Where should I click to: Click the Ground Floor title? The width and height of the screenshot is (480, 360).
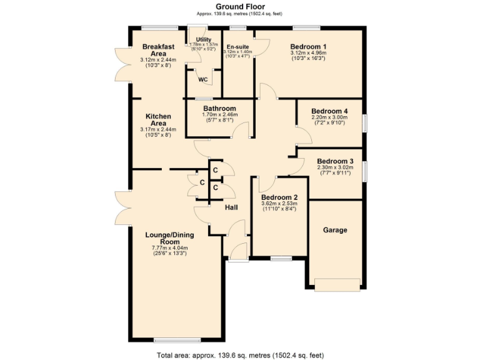[x=239, y=6]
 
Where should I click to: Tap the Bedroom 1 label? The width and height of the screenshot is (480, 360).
[x=308, y=47]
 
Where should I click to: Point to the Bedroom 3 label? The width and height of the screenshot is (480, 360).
[x=334, y=161]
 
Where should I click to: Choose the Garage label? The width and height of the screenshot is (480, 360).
[x=334, y=230]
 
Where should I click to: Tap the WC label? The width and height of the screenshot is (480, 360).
[x=202, y=79]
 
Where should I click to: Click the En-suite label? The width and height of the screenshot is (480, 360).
[x=237, y=47]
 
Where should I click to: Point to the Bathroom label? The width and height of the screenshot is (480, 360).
[x=219, y=108]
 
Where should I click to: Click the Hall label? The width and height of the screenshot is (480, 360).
[x=231, y=208]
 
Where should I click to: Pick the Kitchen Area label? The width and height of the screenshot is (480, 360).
[x=158, y=120]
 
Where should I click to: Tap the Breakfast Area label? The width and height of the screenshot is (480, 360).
[x=158, y=50]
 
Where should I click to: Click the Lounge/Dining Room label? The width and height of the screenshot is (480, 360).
[x=169, y=238]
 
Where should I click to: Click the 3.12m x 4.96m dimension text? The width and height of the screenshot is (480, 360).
[x=308, y=53]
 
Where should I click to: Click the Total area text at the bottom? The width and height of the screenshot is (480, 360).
[x=239, y=355]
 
